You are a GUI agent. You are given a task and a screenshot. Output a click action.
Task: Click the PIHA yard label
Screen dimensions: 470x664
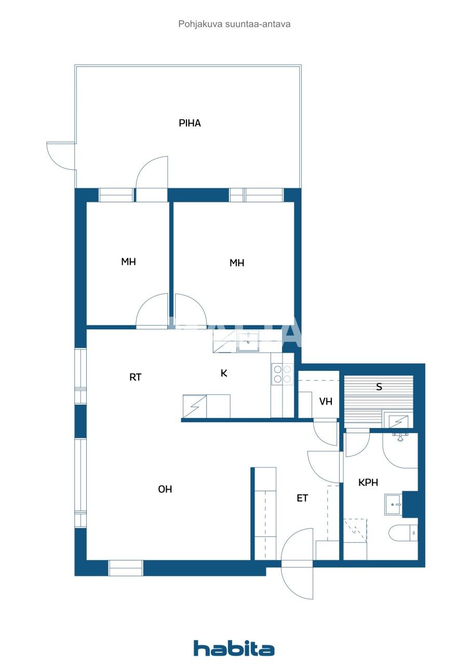190,123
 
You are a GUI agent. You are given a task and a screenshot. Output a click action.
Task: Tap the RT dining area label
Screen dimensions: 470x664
136,377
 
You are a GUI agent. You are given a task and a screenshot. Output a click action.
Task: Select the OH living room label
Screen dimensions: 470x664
165,489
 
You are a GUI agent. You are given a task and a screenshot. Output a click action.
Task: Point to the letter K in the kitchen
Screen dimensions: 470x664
224,373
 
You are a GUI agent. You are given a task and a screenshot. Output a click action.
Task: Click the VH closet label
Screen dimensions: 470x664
326,402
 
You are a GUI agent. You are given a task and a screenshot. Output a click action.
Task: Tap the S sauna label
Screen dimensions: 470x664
379,386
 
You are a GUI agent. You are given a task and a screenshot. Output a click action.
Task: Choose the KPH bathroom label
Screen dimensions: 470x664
368,482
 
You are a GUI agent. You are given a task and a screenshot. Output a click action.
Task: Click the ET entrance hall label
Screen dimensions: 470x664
302,498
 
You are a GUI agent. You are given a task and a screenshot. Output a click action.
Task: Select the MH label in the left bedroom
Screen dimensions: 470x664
128,261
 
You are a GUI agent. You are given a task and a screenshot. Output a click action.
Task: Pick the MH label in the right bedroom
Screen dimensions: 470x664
237,262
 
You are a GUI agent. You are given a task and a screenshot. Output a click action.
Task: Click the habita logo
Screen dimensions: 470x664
234,641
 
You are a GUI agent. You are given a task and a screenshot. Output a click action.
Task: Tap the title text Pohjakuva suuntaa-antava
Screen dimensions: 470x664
234,24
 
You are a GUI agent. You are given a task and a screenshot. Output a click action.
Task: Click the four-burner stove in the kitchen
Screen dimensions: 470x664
282,375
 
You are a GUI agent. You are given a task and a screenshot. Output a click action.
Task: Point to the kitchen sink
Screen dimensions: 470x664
248,341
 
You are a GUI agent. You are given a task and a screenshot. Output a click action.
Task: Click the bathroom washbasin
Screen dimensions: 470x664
393,504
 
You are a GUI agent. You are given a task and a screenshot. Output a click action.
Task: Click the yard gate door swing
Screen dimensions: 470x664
60,156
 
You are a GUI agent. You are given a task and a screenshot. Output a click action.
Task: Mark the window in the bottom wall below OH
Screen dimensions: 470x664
126,568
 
